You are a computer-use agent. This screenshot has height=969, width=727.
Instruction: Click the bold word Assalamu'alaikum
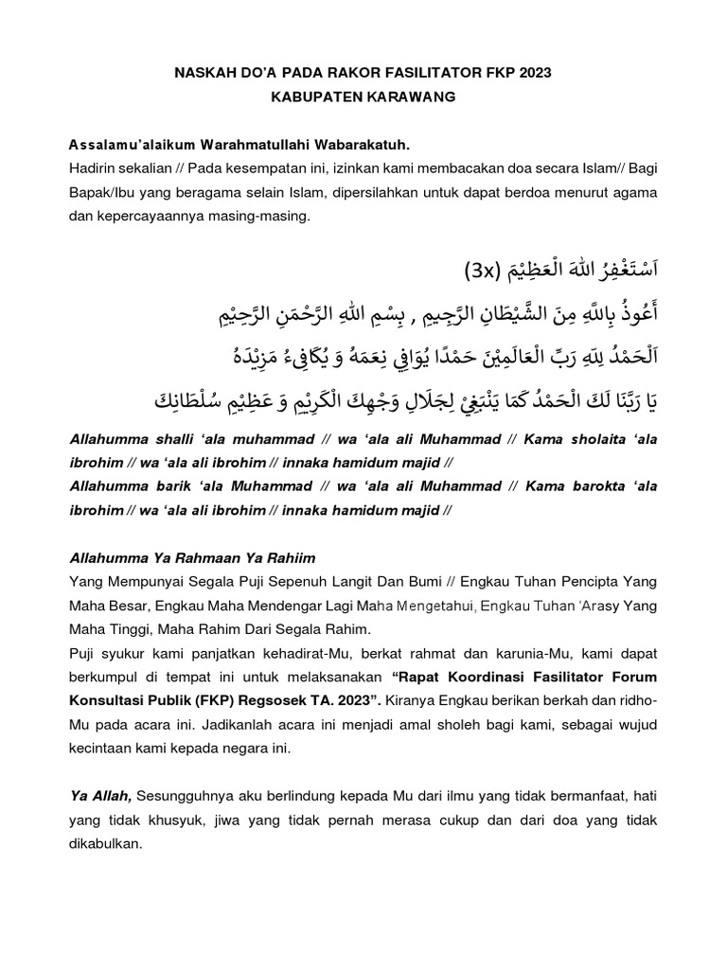132,145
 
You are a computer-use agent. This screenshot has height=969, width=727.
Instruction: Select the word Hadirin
94,168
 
